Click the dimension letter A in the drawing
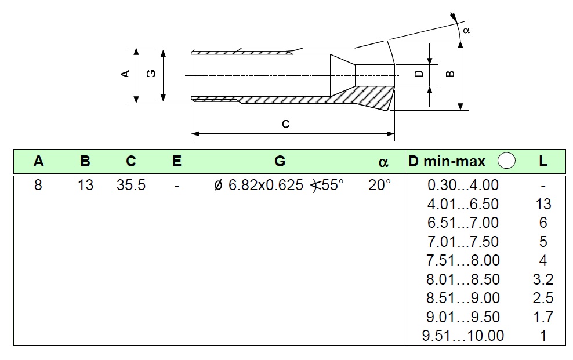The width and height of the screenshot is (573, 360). pyautogui.click(x=124, y=74)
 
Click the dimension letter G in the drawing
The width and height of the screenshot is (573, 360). pyautogui.click(x=151, y=74)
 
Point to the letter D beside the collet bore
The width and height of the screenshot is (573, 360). pyautogui.click(x=418, y=74)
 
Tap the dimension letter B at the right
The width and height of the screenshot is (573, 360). pyautogui.click(x=449, y=74)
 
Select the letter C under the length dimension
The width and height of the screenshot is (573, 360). pyautogui.click(x=285, y=124)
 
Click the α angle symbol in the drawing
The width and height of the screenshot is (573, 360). pyautogui.click(x=466, y=30)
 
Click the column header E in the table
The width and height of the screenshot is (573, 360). pyautogui.click(x=177, y=162)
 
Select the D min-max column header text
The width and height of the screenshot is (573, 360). pyautogui.click(x=447, y=162)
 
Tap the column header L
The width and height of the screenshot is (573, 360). pyautogui.click(x=543, y=162)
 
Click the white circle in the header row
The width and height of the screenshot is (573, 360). pyautogui.click(x=507, y=161)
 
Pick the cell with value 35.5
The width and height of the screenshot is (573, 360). pyautogui.click(x=131, y=186)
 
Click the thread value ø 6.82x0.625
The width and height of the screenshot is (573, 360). pyautogui.click(x=259, y=186)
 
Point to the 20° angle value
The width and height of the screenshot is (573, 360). pyautogui.click(x=379, y=186)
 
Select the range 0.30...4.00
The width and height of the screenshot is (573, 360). pyautogui.click(x=463, y=186)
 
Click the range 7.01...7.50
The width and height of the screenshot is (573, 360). pyautogui.click(x=463, y=242)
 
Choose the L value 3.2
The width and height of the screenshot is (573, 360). pyautogui.click(x=543, y=279)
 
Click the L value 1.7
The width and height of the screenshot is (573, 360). pyautogui.click(x=543, y=317)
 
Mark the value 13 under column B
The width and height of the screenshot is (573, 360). pyautogui.click(x=85, y=186)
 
